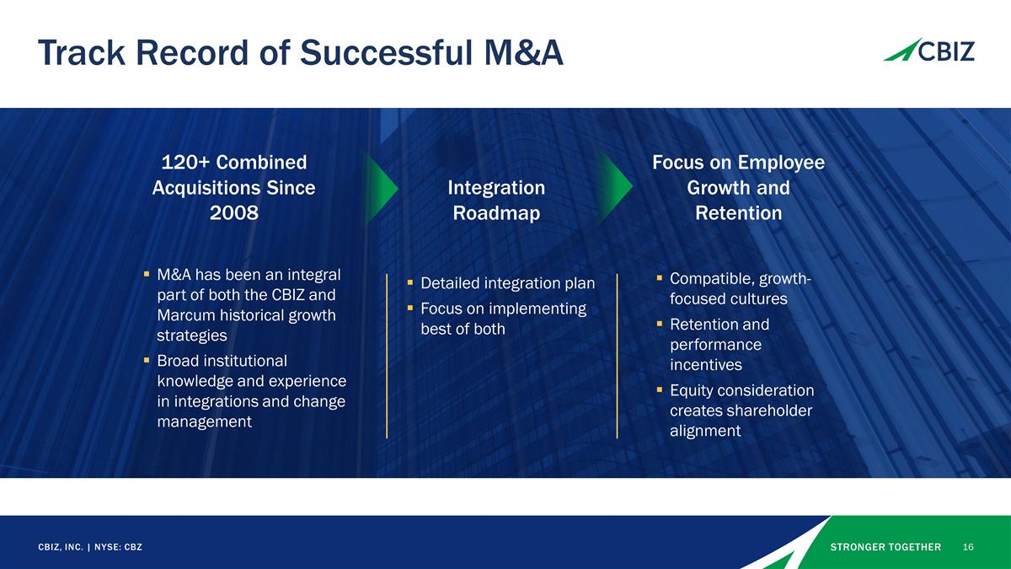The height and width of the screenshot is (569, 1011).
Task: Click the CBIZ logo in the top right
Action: coord(928,51)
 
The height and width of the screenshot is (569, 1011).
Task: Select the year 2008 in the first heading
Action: coord(233,213)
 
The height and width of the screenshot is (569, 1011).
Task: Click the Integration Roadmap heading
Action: coord(496,200)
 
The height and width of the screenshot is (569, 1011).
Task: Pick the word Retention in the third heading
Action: coord(738,213)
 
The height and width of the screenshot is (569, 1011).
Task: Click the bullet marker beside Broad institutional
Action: coord(147,361)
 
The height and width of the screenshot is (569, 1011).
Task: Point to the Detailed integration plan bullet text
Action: coord(507,283)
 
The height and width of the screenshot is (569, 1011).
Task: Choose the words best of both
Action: coord(463,329)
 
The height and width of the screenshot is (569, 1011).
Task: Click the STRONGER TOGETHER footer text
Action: coord(885,547)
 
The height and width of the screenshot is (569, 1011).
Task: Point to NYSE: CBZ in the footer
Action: coord(118,547)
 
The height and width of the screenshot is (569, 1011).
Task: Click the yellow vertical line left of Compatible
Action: coord(617,355)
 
